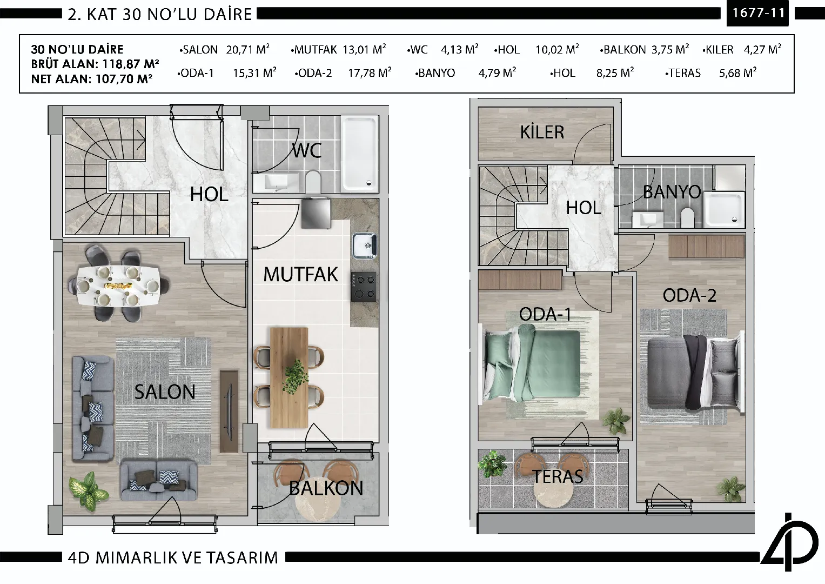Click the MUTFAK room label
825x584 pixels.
coord(300,274)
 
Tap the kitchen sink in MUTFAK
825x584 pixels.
coord(365,245)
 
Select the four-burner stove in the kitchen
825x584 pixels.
coord(364,287)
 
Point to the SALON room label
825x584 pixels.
coord(165,391)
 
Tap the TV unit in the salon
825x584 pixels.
coord(229,412)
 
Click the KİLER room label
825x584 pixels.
coord(542,132)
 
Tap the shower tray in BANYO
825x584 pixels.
coord(725,209)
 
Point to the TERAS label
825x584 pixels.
coord(558,477)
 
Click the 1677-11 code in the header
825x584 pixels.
coord(759,13)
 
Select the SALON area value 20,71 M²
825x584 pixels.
coord(248,49)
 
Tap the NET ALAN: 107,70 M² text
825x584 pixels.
coord(92,78)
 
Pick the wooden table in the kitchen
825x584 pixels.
coord(289,377)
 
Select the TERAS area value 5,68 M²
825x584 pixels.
coord(737,72)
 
